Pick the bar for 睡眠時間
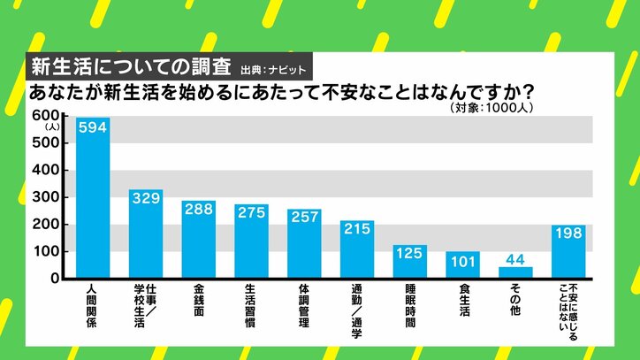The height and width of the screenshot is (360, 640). pyautogui.click(x=409, y=263)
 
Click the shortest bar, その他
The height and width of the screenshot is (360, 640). pyautogui.click(x=514, y=273)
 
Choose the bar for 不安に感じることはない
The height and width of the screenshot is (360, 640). pyautogui.click(x=568, y=252)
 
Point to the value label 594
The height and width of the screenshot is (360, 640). pyautogui.click(x=93, y=127)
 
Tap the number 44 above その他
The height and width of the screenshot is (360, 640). pyautogui.click(x=514, y=259)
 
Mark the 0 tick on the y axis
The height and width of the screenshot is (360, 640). pyautogui.click(x=54, y=279)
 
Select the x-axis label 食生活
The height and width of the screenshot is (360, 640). pyautogui.click(x=462, y=302)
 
